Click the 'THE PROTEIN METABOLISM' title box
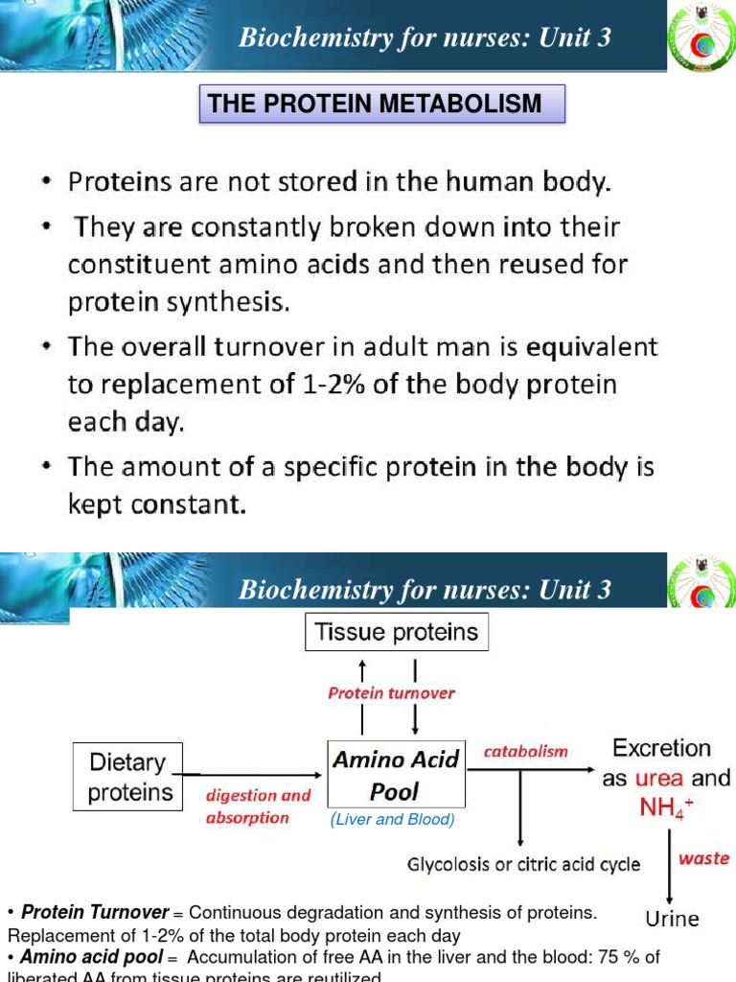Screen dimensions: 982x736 pyautogui.click(x=381, y=104)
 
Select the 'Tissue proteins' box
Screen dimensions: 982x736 pyautogui.click(x=397, y=633)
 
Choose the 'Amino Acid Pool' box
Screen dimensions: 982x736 pyautogui.click(x=396, y=777)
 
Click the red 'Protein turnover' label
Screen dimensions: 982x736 pyautogui.click(x=391, y=693)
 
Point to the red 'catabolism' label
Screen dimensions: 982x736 pyautogui.click(x=525, y=752)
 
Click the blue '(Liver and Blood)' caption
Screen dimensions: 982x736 pyautogui.click(x=392, y=820)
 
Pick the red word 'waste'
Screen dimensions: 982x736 pyautogui.click(x=703, y=858)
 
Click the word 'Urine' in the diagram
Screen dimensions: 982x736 pyautogui.click(x=672, y=919)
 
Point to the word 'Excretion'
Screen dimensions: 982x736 pyautogui.click(x=661, y=748)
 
